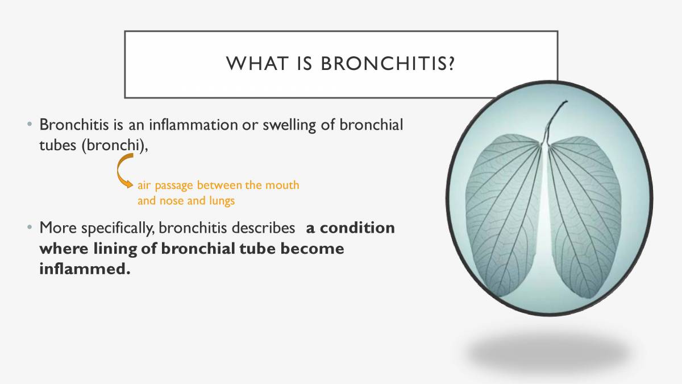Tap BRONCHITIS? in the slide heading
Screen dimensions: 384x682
[x=388, y=64]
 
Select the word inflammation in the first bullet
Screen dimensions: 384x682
[x=194, y=125]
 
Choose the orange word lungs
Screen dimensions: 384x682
[x=222, y=201]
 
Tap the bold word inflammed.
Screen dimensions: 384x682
[x=85, y=269]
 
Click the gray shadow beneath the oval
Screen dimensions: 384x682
[x=548, y=353]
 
